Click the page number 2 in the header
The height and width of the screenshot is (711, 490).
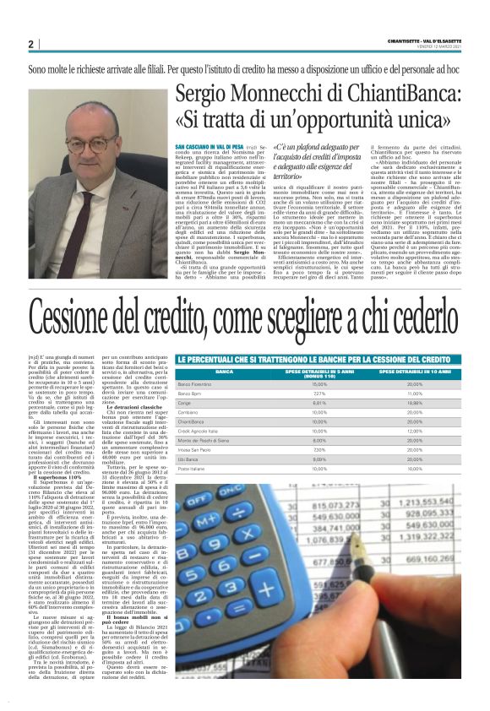(30, 44)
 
